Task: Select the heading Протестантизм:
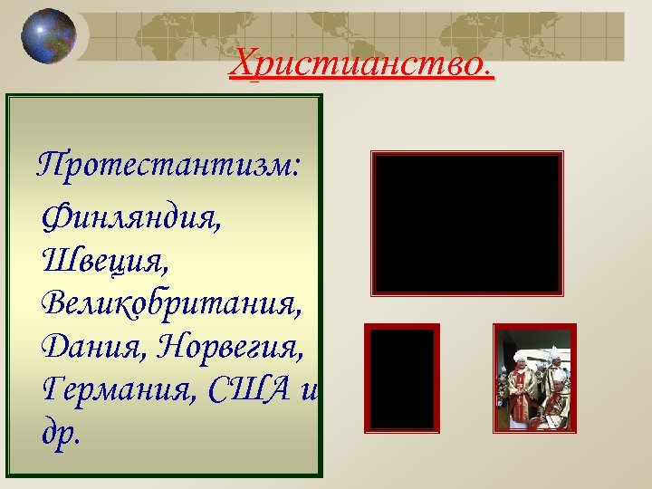click(169, 166)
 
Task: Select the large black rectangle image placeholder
click(467, 223)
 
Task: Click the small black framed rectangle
click(401, 377)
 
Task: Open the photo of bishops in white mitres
click(533, 377)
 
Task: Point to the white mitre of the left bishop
click(521, 356)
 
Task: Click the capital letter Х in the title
click(243, 63)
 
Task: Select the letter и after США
click(312, 390)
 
